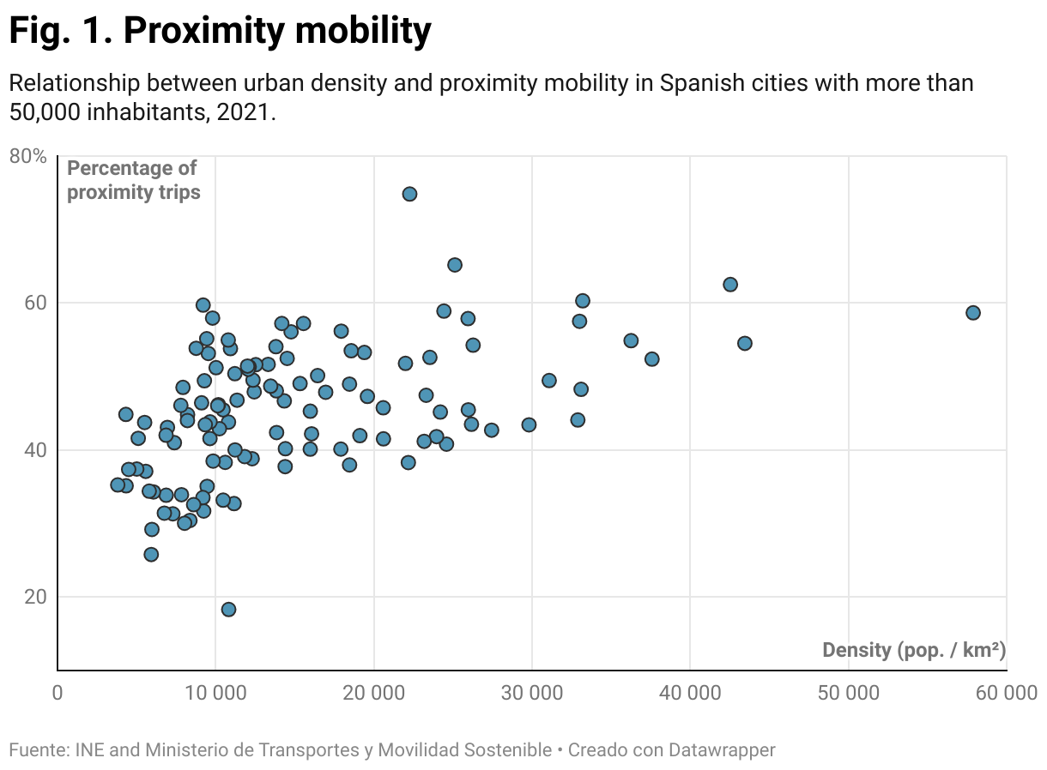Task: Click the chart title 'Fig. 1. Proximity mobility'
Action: point(220,32)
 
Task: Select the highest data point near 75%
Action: point(409,194)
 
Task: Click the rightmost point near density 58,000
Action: point(972,313)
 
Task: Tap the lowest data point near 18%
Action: point(228,610)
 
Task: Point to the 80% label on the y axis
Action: point(27,156)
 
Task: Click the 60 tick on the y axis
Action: point(33,304)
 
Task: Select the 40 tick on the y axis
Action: point(33,450)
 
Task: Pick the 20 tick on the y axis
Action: point(33,598)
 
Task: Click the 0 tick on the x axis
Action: point(57,693)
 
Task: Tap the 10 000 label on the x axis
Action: point(215,693)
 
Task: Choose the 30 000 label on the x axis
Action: point(532,693)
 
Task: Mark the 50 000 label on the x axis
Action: point(849,693)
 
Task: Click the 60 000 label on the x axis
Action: point(1006,693)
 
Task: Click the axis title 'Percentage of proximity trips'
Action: point(133,180)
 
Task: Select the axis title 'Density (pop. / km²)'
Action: point(913,650)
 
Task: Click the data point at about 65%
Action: point(455,265)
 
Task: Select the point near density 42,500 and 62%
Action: point(730,285)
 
